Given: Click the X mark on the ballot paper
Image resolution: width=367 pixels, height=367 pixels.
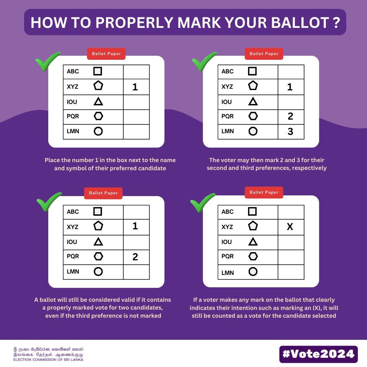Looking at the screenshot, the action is point(290,226).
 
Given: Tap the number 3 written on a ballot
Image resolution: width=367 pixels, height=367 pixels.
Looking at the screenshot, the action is point(290,131).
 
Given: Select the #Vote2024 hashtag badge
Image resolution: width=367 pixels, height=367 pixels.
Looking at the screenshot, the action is point(318,354).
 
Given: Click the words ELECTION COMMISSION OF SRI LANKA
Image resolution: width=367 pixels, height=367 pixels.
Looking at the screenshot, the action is point(48,360).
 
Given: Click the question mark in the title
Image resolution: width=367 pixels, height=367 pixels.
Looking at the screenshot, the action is point(336,22).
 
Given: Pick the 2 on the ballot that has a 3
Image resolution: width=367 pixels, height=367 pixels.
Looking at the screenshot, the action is point(290,116).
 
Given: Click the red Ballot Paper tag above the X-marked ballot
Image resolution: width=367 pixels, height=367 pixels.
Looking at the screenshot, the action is point(264,192).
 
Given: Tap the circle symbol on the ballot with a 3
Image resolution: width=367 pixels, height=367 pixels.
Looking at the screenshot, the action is point(253,131).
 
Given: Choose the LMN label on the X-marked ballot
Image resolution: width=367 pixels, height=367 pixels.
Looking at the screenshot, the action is point(227,273).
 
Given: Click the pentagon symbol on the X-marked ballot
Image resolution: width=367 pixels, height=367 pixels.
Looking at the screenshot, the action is point(253,226).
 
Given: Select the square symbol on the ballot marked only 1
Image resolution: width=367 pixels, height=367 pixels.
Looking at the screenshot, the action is point(98,71).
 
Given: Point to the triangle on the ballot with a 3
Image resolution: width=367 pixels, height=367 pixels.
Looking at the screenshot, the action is point(253,101).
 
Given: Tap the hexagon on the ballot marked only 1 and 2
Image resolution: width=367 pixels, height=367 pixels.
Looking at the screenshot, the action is point(98,256).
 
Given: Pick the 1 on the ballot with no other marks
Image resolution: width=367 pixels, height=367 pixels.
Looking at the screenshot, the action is point(135,87).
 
